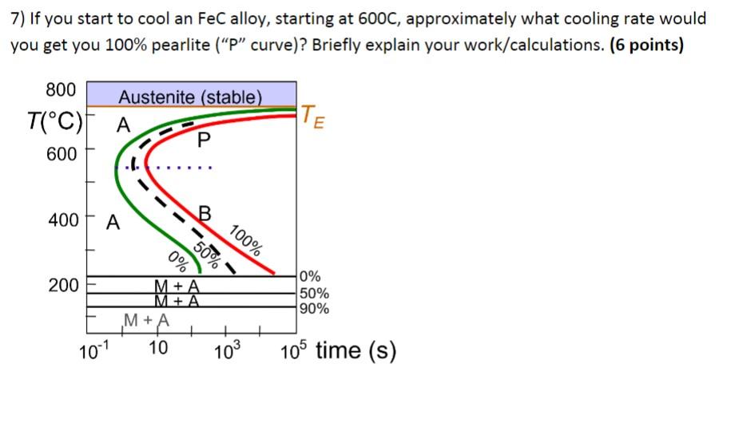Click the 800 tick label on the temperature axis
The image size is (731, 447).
[62, 89]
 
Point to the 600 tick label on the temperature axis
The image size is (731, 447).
[62, 153]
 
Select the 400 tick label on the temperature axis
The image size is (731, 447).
[62, 220]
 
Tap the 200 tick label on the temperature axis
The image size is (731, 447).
[62, 285]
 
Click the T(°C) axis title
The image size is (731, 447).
[53, 122]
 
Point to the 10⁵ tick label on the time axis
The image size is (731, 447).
[296, 350]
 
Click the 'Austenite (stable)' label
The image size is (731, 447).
[190, 97]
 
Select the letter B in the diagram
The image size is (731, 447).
[205, 213]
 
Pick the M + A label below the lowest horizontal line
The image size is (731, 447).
[147, 321]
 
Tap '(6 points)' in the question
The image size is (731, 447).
[646, 45]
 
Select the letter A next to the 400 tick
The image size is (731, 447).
[114, 223]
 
